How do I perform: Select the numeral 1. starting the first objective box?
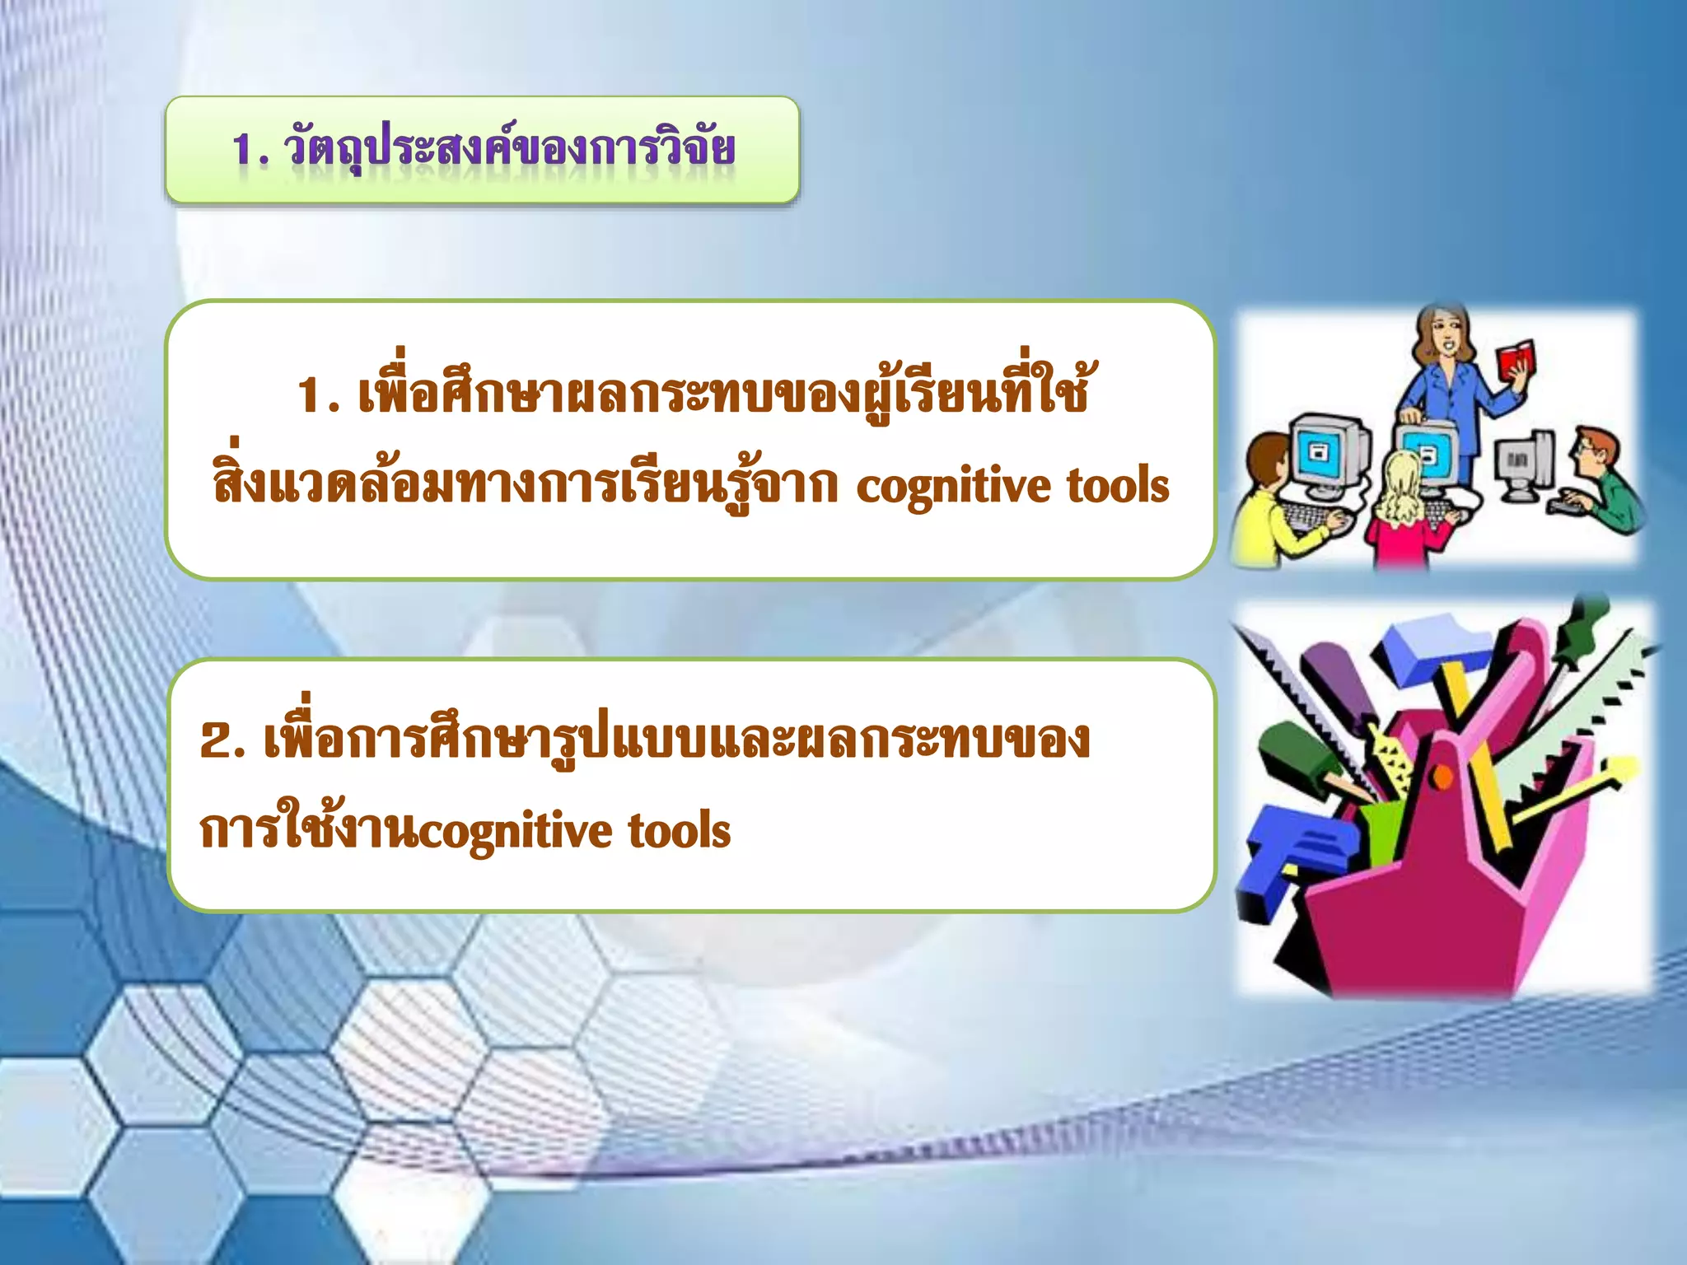pyautogui.click(x=319, y=395)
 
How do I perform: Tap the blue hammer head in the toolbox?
pyautogui.click(x=1429, y=651)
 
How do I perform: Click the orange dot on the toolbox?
pyautogui.click(x=1442, y=775)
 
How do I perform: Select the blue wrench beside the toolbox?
pyautogui.click(x=1293, y=857)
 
